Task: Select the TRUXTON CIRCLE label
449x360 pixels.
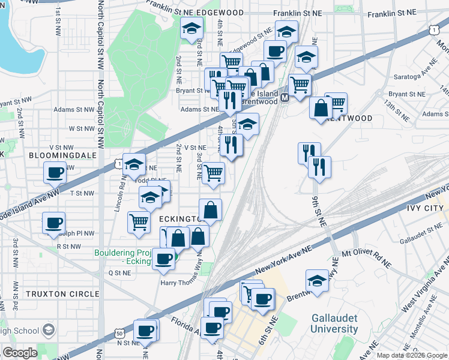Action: [x=62, y=294]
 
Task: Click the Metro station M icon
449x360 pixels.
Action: [x=285, y=98]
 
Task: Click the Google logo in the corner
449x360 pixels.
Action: [x=20, y=353]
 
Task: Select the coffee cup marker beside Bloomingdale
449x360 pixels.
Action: [x=55, y=173]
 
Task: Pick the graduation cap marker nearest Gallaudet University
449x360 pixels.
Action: [x=317, y=280]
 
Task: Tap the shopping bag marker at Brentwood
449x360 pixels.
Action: [x=321, y=108]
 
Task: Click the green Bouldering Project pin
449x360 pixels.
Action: [x=172, y=259]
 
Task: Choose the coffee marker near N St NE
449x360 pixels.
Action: [x=145, y=330]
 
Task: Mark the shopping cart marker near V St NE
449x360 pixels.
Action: [x=213, y=173]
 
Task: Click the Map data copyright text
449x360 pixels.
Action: [x=411, y=355]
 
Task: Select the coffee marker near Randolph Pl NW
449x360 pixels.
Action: [x=53, y=223]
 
